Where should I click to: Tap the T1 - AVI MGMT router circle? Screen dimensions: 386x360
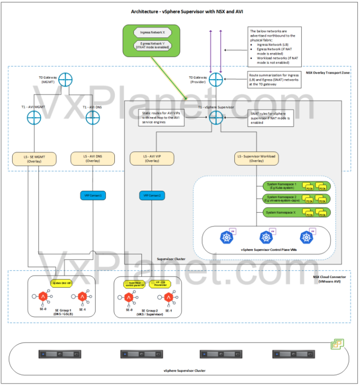[x=34, y=117]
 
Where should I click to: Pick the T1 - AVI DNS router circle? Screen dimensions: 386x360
[x=92, y=117]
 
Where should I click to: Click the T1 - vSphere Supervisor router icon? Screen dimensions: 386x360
[x=215, y=117]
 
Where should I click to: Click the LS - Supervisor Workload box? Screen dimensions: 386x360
[x=256, y=158]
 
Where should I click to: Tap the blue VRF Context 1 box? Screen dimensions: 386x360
[x=92, y=195]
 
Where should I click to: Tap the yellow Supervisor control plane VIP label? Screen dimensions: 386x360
[x=134, y=284]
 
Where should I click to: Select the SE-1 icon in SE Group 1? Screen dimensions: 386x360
[x=81, y=297]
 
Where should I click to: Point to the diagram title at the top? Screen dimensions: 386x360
[x=180, y=11]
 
